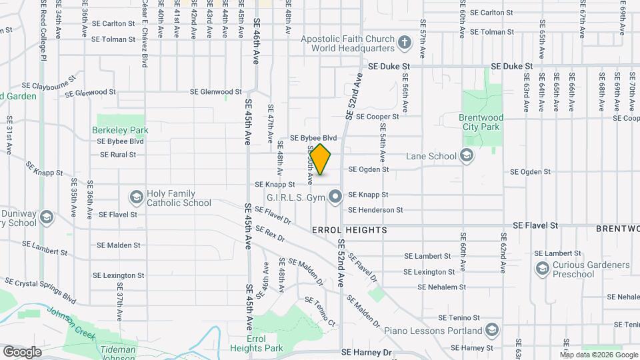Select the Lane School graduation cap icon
pos(467,156)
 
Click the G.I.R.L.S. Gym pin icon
pos(335,196)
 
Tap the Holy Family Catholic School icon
pos(136,198)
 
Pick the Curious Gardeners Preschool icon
pos(541,269)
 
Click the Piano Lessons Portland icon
pos(491,331)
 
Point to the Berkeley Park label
pos(120,130)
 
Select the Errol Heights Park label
pos(256,343)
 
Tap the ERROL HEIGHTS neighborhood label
pos(349,230)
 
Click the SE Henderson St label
pos(376,210)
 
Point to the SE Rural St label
pos(118,155)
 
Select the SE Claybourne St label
pos(47,86)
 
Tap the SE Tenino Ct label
pos(320,311)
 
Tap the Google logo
pos(21,352)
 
